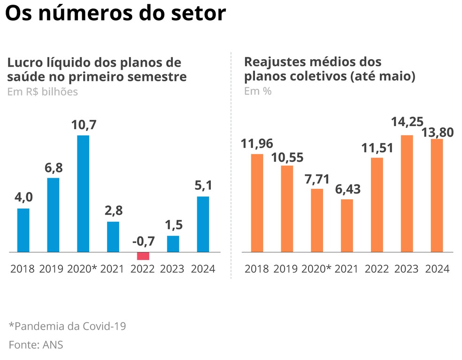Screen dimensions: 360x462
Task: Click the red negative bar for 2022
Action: pos(143,256)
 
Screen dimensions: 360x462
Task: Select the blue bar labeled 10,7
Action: pos(83,194)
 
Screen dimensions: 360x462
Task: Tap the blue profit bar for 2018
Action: pos(23,230)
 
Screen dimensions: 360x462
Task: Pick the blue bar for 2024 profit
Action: pos(202,224)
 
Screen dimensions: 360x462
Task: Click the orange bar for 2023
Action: pos(407,194)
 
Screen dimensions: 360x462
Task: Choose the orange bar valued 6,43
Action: pos(347,226)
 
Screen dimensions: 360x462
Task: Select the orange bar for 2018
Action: pos(257,203)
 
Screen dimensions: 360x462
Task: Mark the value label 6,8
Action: pos(53,168)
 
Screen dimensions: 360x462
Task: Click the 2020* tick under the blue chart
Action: pos(82,269)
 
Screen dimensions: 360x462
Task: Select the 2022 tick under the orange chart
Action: pos(377,269)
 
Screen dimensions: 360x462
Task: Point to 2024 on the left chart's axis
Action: pos(202,269)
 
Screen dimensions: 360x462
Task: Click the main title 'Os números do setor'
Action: pos(115,14)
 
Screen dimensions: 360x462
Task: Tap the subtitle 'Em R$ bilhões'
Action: pos(42,92)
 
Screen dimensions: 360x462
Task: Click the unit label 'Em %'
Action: pos(258,91)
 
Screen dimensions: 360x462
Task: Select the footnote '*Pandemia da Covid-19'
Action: pos(67,326)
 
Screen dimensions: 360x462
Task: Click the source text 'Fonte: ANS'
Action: pos(36,344)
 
